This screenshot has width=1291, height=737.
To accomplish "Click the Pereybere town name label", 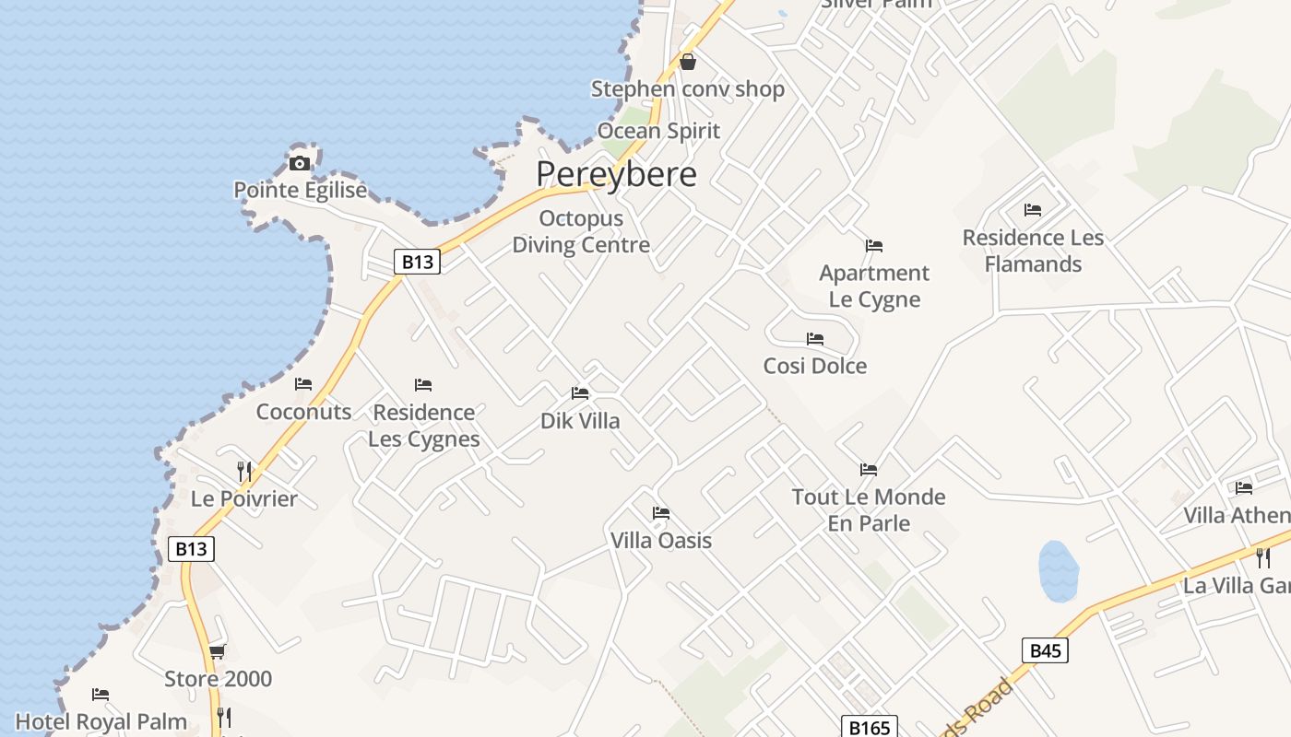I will coord(616,174).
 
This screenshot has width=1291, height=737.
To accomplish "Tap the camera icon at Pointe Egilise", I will coord(300,163).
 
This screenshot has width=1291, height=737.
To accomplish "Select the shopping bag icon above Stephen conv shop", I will coord(687,62).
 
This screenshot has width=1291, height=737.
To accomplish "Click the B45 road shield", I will coord(1045,650).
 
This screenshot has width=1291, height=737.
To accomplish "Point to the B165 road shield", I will coord(869,728).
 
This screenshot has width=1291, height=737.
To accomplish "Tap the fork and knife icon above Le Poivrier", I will coord(244,471).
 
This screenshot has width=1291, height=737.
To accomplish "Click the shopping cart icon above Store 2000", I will coord(218,651).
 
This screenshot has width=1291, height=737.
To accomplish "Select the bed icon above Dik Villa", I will coord(580,393).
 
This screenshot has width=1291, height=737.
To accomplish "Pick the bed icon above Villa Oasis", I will coord(661,513).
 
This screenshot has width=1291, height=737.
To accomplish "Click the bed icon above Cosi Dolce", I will coord(815,339).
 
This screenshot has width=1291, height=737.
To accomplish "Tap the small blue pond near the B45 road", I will coord(1059,570).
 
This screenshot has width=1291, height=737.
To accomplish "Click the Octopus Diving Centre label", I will coord(581,232).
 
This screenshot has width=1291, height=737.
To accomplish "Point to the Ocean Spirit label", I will coord(658,131).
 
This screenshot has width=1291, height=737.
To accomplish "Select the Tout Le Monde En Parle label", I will coord(869,510).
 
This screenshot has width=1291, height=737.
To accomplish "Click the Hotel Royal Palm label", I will coord(101,721).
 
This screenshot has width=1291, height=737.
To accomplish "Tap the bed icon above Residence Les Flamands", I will coord(1033,210).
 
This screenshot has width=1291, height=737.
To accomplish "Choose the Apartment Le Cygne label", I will coord(874,287).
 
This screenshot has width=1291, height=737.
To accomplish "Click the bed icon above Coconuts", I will coord(303,384).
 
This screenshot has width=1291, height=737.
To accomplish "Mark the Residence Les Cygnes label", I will coord(424,426).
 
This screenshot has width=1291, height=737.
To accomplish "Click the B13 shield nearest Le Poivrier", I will coord(192,549).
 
